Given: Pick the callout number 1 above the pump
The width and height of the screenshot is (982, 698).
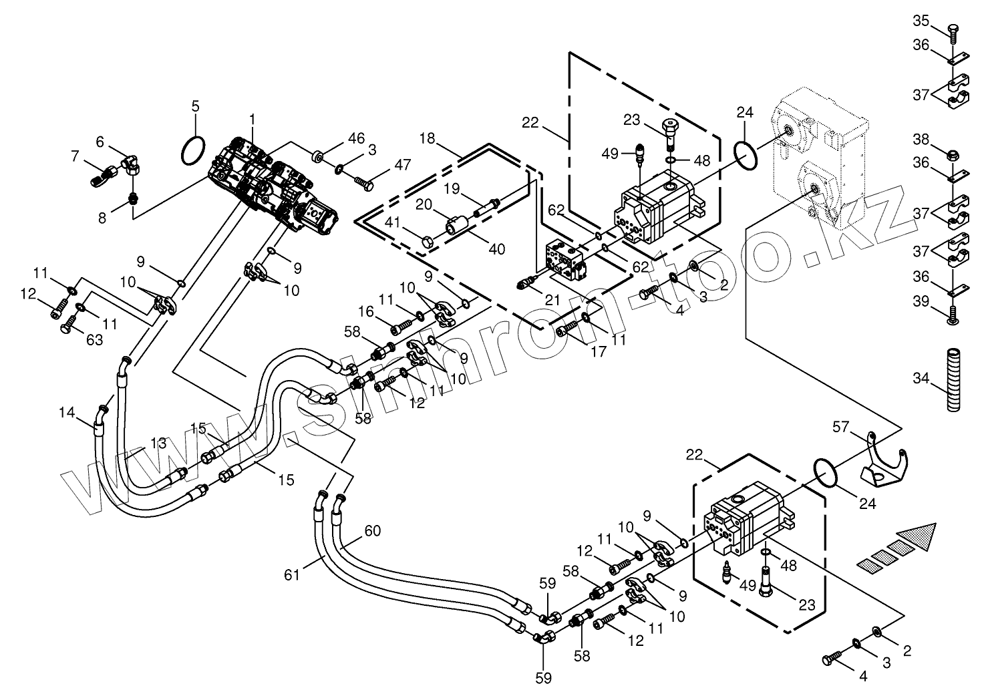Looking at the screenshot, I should pos(252,118).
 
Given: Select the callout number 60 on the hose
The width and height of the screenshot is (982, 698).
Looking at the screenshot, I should pos(372,531).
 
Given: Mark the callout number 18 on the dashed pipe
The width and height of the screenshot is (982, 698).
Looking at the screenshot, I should pos(428,138).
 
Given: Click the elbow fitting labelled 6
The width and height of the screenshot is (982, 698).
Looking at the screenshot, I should pos(131,161).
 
